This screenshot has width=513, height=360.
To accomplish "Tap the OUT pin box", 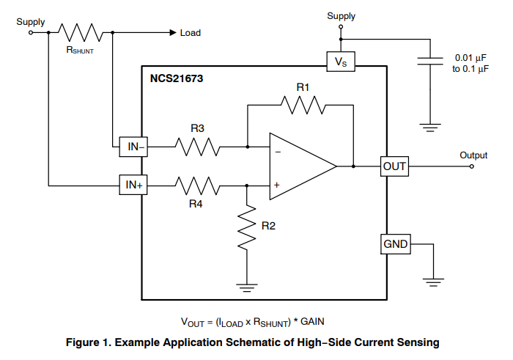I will coord(394,166).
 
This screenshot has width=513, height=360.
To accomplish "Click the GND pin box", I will coord(394,243).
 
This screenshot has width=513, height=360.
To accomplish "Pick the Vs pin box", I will coord(341,62).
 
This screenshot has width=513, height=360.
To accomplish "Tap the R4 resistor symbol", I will coord(196,185).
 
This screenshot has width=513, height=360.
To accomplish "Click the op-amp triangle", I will coord(299,166).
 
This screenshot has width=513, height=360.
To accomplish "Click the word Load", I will coord(191,33).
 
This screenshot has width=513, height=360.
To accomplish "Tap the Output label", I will coord(473,155).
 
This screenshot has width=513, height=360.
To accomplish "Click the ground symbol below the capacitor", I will coord(429,127).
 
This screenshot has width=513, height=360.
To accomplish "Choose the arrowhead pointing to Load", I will coord(172,32).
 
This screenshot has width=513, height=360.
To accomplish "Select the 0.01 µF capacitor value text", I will coord(469,56).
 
